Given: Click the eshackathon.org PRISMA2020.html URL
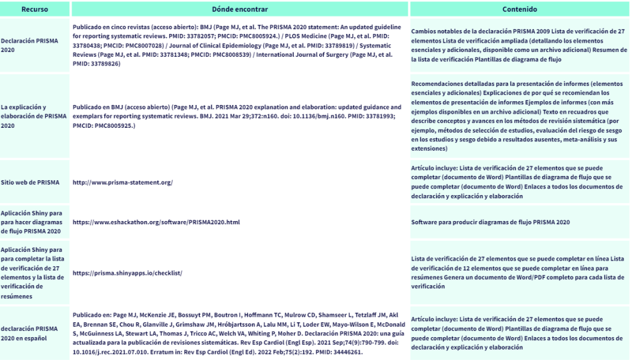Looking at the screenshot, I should [x=156, y=222].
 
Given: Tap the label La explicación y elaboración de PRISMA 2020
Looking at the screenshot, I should [x=34, y=115].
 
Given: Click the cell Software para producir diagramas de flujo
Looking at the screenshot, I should [x=490, y=222].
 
